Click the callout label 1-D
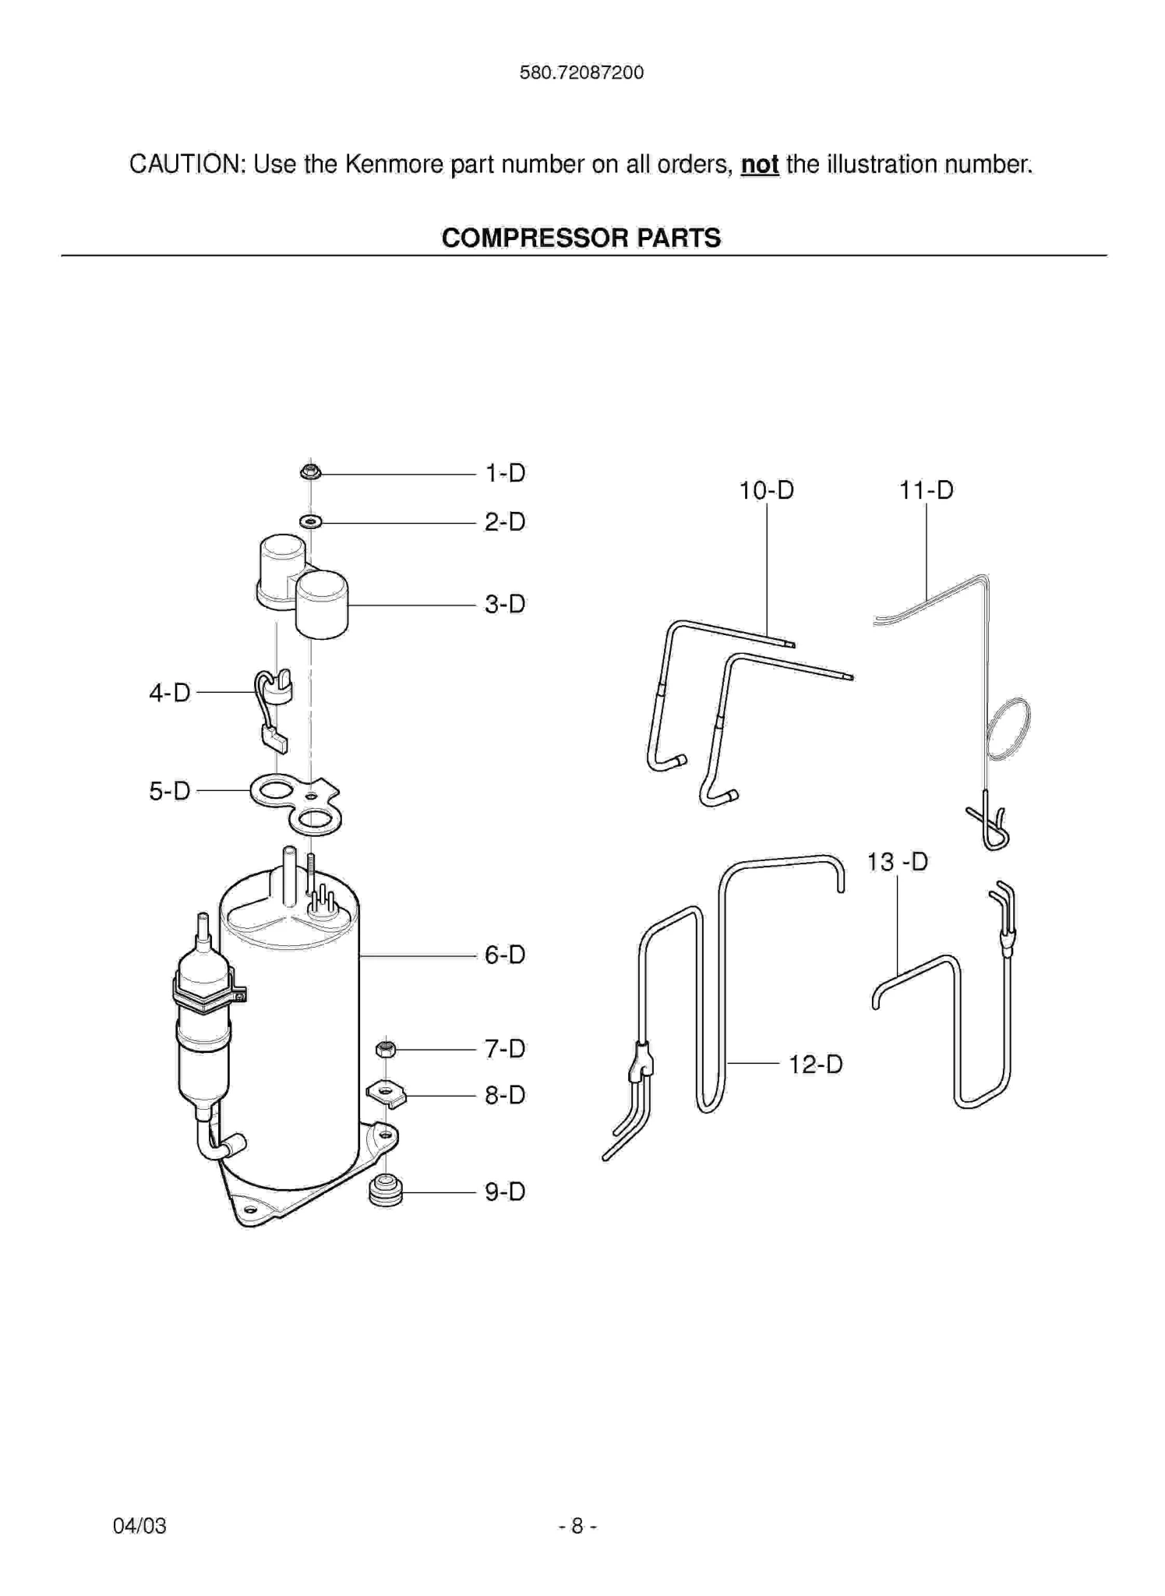[505, 473]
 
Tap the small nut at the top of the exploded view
[310, 471]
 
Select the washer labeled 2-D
[310, 521]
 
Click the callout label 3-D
[505, 604]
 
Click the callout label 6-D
[505, 955]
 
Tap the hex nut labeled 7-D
[386, 1049]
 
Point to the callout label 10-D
[766, 490]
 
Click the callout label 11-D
[926, 490]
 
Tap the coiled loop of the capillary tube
[1008, 729]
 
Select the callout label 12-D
[815, 1065]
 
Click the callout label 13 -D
[897, 862]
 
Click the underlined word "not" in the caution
[759, 164]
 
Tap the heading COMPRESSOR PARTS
[581, 238]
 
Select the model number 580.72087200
[581, 72]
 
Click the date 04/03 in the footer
[139, 1526]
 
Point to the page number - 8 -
[577, 1526]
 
